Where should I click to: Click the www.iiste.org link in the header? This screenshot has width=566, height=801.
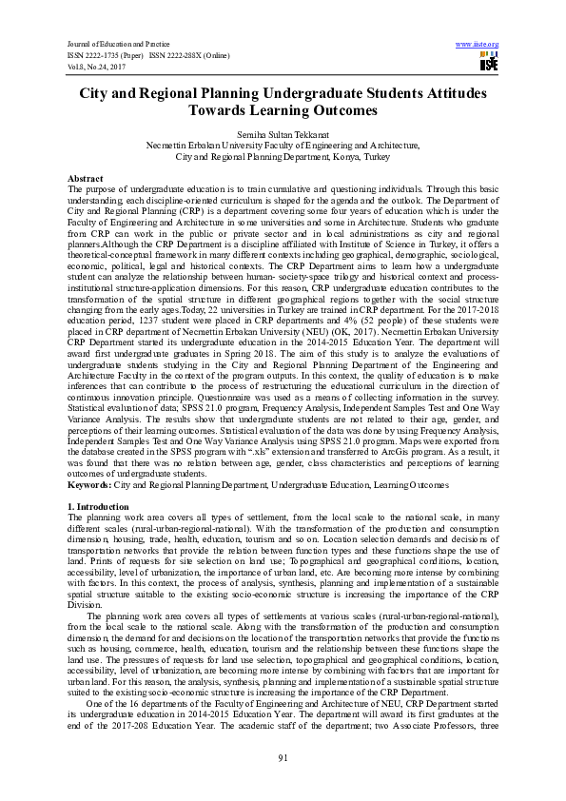point(478,45)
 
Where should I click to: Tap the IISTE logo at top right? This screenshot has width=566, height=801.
point(489,63)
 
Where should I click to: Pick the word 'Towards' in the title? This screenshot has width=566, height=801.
point(197,110)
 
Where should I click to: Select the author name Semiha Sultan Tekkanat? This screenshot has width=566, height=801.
point(283,136)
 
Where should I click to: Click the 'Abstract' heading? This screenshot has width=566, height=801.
point(86,179)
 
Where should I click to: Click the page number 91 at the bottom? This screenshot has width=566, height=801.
point(283,756)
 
